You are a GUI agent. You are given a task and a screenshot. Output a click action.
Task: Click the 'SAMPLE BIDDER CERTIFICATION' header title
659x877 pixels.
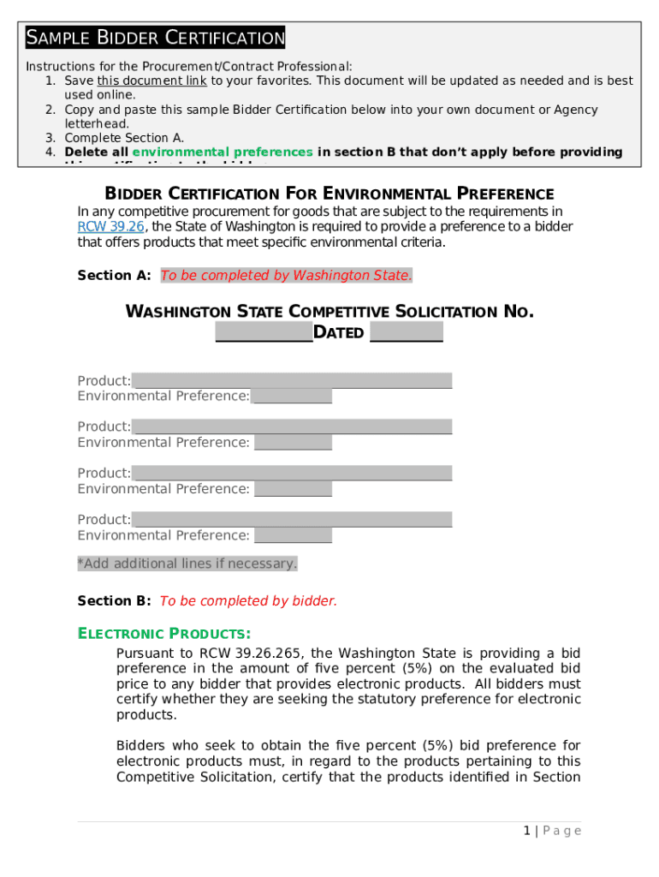(x=155, y=38)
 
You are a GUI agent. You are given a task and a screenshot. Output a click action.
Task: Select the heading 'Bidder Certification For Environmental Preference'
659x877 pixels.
(x=329, y=194)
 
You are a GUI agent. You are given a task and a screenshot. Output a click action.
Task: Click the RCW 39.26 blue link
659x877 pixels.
(x=110, y=227)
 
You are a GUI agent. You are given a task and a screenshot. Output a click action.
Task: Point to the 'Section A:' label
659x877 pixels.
(x=115, y=275)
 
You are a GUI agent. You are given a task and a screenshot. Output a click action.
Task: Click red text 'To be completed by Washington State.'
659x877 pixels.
(x=286, y=275)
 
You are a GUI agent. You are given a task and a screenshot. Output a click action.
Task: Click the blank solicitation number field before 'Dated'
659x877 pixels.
(x=264, y=332)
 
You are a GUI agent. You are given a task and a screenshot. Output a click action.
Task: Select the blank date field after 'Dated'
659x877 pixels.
(x=406, y=332)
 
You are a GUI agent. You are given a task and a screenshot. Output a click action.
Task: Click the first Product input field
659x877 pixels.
(x=292, y=380)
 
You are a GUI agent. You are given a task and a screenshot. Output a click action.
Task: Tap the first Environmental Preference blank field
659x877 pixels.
(x=292, y=396)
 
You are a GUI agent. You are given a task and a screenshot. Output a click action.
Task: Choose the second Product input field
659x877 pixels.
(x=292, y=427)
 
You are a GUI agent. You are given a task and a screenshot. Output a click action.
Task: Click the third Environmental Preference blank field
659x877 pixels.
(x=293, y=489)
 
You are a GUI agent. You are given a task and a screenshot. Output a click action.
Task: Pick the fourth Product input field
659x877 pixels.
(x=292, y=519)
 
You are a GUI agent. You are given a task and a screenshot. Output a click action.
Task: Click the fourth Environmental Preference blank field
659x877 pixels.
(x=293, y=535)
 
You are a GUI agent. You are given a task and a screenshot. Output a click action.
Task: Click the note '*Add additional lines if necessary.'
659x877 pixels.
(x=187, y=564)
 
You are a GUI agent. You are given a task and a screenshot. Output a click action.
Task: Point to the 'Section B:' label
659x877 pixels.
(x=115, y=600)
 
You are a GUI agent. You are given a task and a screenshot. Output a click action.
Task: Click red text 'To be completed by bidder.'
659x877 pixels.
(x=248, y=600)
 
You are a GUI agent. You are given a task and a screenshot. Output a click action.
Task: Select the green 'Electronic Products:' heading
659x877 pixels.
(x=164, y=634)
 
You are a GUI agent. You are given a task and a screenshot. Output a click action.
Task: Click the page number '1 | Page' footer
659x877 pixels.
(x=552, y=831)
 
